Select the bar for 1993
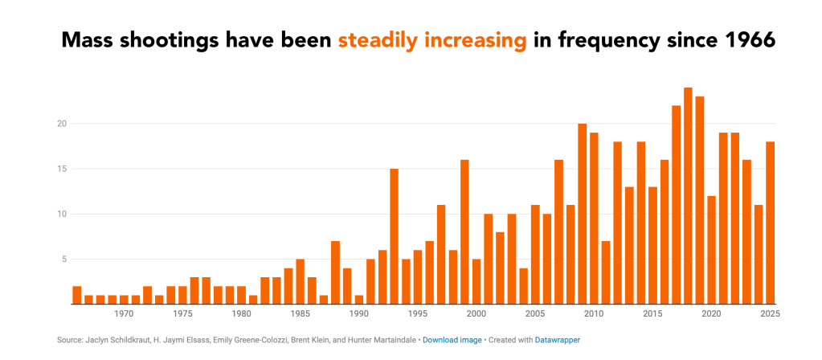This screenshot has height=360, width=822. (x=394, y=236)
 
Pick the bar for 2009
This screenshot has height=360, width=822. (x=582, y=214)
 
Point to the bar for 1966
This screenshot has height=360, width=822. (x=76, y=295)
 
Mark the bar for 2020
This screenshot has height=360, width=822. (x=711, y=250)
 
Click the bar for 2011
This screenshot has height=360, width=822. (x=606, y=272)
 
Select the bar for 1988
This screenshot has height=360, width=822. (x=335, y=272)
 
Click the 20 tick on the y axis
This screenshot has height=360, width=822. (x=60, y=124)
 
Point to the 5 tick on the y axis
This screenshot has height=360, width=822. (x=62, y=259)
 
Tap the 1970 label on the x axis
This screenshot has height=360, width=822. (x=124, y=314)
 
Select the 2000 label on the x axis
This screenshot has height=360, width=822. (x=476, y=314)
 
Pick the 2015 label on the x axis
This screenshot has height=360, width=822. (x=652, y=314)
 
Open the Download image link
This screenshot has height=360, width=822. (x=452, y=341)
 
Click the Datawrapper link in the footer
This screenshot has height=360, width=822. (x=557, y=341)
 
